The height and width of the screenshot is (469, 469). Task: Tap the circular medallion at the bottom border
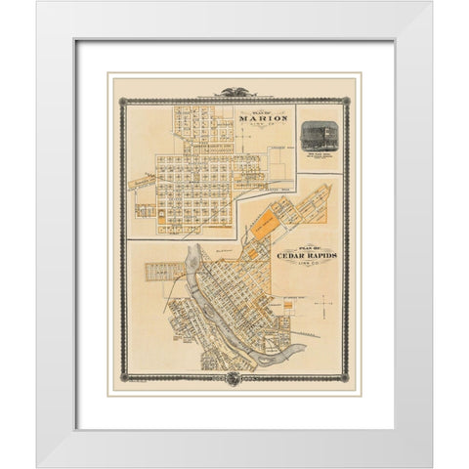(234, 376)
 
